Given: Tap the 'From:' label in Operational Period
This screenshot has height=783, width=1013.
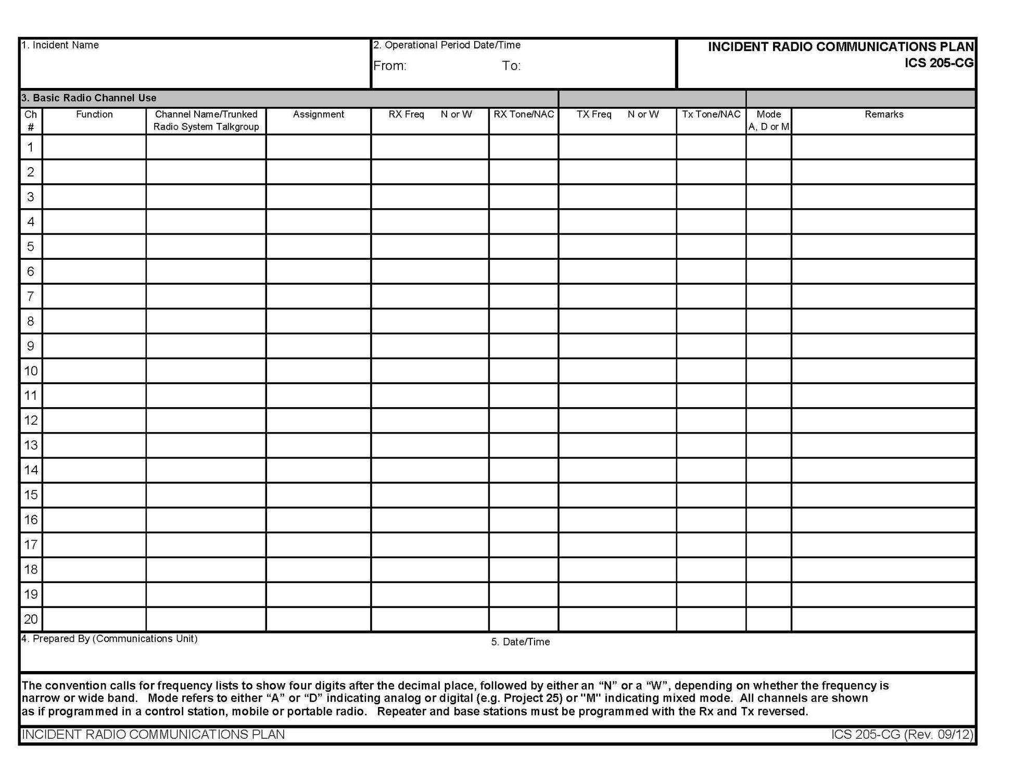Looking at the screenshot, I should (x=389, y=66).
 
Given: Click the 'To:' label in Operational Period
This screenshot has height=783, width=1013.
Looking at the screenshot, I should (x=511, y=66).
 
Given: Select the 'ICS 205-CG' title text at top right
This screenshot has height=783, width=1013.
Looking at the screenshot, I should (x=939, y=63).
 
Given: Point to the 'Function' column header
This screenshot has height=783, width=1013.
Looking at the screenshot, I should (x=94, y=115).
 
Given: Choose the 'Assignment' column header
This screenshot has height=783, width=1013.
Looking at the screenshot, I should (x=318, y=115).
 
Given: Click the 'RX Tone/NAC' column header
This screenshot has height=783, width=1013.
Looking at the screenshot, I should (x=524, y=115).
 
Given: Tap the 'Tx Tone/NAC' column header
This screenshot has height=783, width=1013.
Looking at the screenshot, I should (x=711, y=115).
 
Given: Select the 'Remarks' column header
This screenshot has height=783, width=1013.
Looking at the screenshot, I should (x=883, y=115).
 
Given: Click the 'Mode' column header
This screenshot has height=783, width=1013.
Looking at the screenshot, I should (x=768, y=115).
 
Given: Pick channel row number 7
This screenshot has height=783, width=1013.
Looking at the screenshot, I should (x=31, y=296).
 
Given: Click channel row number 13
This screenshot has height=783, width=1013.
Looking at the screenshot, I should (x=31, y=445).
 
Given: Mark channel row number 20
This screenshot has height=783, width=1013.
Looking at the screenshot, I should (x=31, y=619).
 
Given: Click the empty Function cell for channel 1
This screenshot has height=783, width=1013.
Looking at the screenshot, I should (x=94, y=147).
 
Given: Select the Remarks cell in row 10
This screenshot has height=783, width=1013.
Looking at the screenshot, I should (x=883, y=371).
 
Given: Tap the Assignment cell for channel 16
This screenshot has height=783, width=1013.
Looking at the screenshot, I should (x=318, y=520).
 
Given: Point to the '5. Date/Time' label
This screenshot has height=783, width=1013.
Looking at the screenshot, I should (x=520, y=642).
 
